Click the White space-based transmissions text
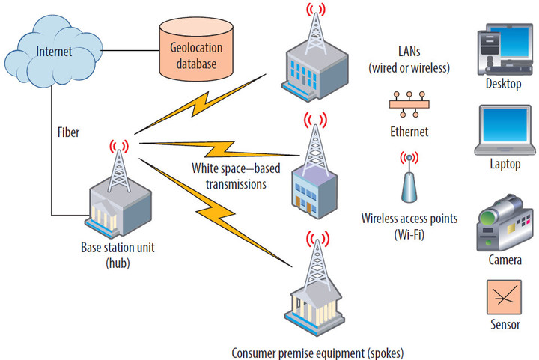tap(229, 175)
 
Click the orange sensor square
tap(502, 296)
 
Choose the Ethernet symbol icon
tap(408, 104)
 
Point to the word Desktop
tap(503, 84)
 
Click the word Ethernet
tap(409, 132)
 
